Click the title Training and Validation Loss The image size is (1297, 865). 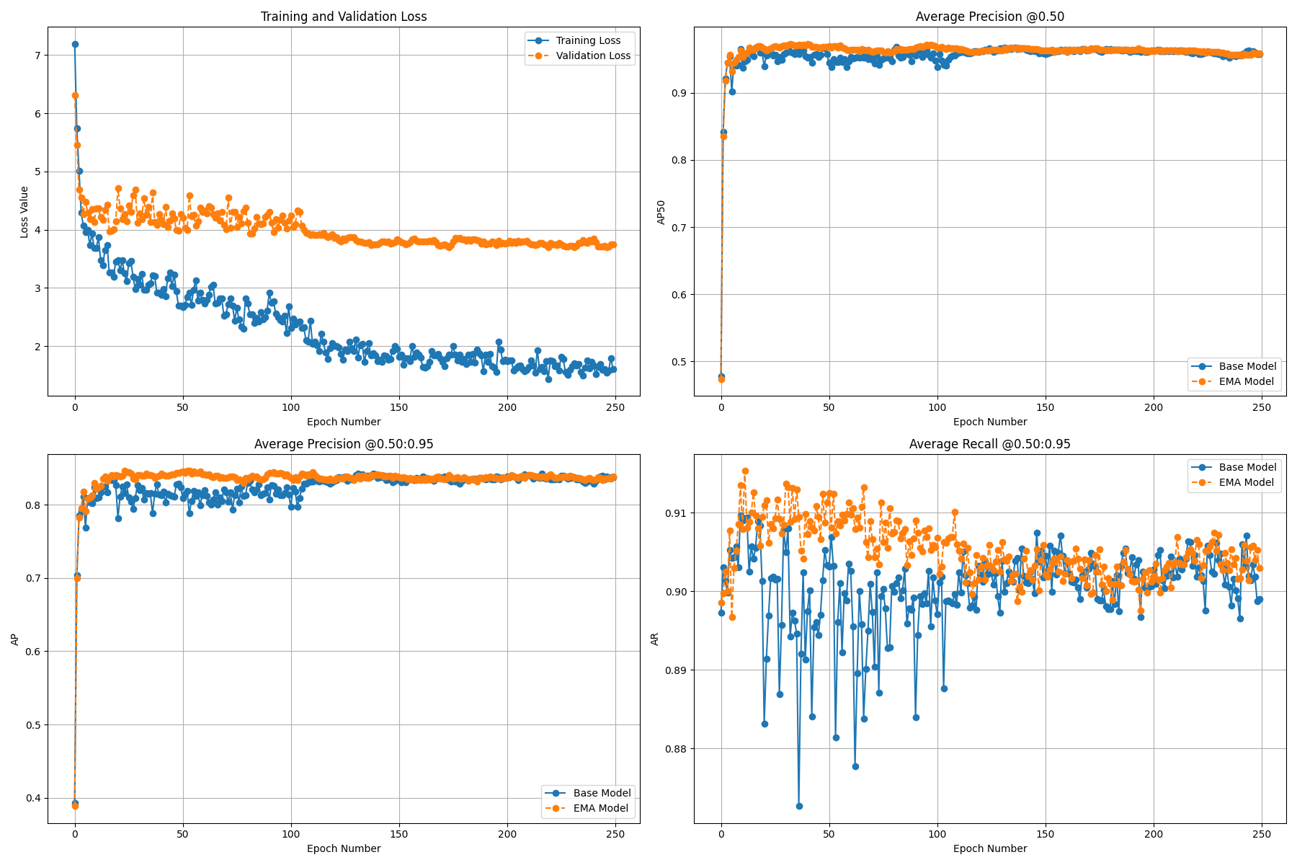click(344, 17)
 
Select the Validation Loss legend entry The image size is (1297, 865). click(592, 56)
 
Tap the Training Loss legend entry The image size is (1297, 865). click(587, 40)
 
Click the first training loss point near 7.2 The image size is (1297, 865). click(75, 44)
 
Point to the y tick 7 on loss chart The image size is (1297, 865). click(37, 56)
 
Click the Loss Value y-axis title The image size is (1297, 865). click(24, 212)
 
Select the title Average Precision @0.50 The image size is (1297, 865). click(989, 17)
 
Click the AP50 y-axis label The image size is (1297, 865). click(661, 212)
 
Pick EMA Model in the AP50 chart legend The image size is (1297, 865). click(1246, 381)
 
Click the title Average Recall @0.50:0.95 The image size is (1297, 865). click(989, 444)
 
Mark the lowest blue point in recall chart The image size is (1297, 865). click(799, 806)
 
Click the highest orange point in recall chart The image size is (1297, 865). click(745, 471)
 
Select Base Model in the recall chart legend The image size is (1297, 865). click(1247, 467)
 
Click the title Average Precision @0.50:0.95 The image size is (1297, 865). click(344, 444)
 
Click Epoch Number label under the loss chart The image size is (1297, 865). click(344, 422)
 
